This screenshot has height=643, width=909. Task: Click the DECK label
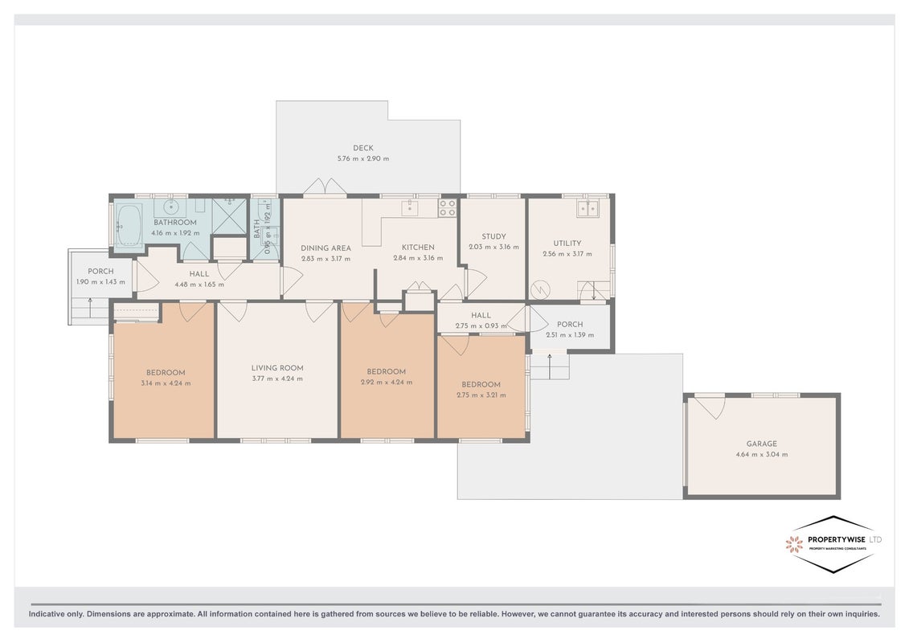[x=363, y=148]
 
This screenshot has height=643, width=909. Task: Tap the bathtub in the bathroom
[x=129, y=225]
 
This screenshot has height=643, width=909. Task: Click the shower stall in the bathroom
[x=230, y=216]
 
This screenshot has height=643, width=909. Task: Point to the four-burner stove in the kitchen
[x=447, y=207]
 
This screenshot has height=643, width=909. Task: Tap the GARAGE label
[x=762, y=444]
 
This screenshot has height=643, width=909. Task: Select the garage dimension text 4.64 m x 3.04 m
[x=762, y=455]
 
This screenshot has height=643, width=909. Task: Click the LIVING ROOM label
[x=277, y=367]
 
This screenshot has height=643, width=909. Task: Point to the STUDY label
[x=494, y=236]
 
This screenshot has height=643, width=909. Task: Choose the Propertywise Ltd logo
[x=833, y=544]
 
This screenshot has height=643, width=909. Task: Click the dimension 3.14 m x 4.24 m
[x=166, y=383]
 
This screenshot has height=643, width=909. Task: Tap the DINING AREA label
[x=326, y=248]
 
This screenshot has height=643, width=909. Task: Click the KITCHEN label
[x=418, y=247]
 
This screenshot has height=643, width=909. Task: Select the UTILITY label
[x=567, y=244]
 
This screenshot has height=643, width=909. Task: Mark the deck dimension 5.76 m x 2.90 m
[x=363, y=158]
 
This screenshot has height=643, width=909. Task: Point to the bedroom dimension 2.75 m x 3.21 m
[x=481, y=395]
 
